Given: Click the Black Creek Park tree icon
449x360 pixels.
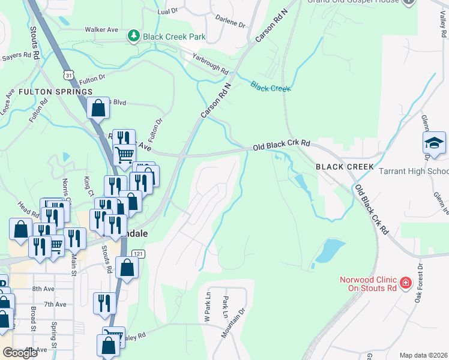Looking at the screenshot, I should [133, 37].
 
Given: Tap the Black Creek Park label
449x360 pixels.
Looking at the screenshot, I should [174, 37].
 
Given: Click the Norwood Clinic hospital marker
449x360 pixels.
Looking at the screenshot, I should [405, 282].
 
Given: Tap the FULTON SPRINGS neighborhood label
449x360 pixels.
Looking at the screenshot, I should [55, 92].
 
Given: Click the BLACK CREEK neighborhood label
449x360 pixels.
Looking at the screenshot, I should [345, 166].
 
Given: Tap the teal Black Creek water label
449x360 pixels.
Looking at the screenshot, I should [271, 88].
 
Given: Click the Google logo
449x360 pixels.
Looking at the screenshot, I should [20, 353].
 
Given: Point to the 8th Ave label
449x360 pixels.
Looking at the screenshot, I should [44, 289].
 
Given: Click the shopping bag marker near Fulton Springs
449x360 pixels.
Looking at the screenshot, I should [98, 109].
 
